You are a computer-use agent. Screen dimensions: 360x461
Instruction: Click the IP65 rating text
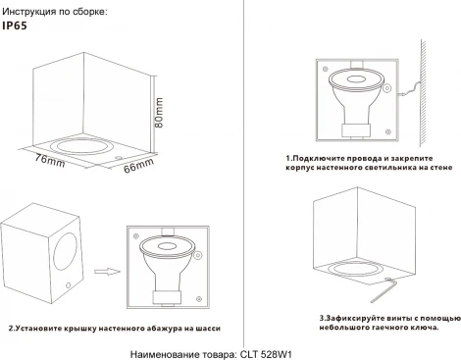click(x=17, y=27)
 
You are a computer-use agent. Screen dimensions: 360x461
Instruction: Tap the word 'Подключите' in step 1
click(x=318, y=158)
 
